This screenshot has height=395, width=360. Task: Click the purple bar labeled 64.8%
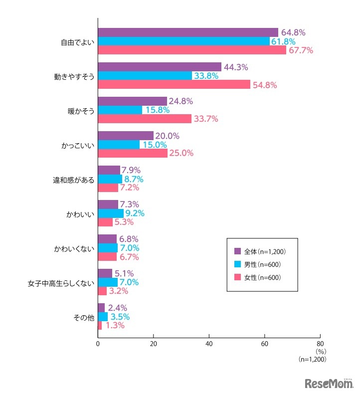click(188, 32)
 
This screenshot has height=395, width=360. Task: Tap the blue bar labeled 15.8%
click(120, 110)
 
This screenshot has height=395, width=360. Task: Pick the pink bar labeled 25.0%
click(133, 153)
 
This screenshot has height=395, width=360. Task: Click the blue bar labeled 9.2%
click(111, 213)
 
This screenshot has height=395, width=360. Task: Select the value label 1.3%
click(114, 326)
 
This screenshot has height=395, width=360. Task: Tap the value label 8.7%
click(135, 179)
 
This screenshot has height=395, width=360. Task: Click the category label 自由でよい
click(75, 41)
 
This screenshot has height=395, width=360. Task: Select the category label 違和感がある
click(74, 179)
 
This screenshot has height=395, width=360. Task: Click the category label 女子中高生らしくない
click(61, 283)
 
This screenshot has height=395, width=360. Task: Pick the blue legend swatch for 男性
click(238, 264)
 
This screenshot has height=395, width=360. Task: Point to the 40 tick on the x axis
click(209, 344)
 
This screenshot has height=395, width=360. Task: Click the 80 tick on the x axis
click(320, 344)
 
